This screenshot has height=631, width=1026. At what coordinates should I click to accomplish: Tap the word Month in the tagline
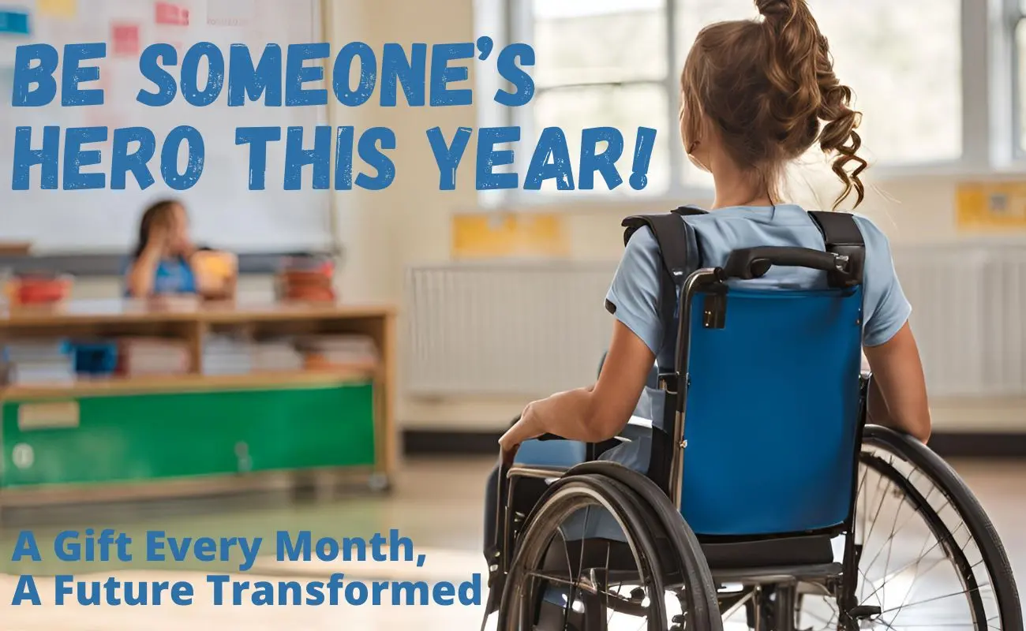tap(350, 547)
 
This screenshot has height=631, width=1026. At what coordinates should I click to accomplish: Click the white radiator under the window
tap(508, 330)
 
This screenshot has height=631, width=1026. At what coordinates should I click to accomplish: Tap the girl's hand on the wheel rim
tap(526, 426)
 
